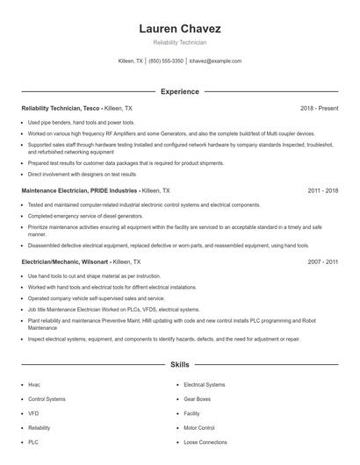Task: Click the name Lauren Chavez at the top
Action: (179, 28)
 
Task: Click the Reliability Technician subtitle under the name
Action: (179, 43)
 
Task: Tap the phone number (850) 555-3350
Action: (166, 61)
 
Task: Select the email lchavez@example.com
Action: (215, 61)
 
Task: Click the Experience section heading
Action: (179, 91)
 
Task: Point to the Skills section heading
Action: (179, 363)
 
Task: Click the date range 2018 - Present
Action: (320, 108)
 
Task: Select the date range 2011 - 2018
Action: (323, 190)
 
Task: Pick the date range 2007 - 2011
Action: (323, 261)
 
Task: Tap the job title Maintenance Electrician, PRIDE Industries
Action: (78, 190)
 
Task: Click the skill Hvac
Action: (34, 384)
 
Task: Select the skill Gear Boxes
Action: (197, 398)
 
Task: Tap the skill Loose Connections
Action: (205, 442)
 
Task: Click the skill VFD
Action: (33, 413)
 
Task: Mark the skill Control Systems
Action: (47, 398)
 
